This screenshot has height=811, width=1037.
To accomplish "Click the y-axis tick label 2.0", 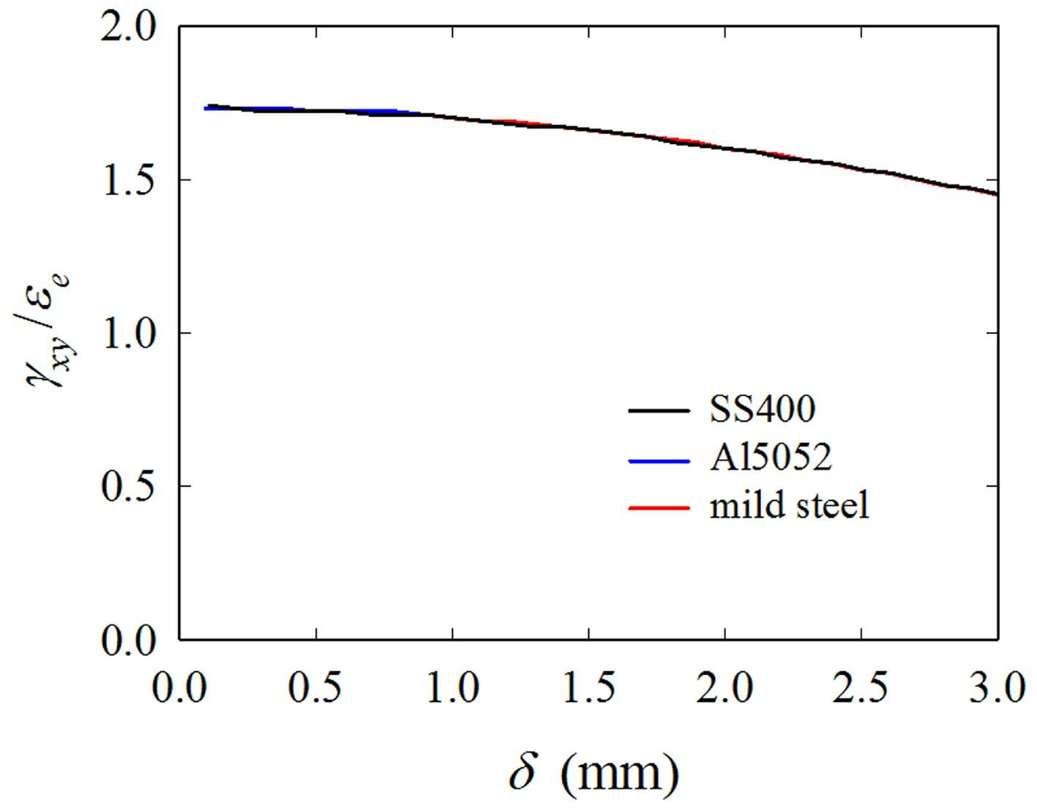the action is [128, 28].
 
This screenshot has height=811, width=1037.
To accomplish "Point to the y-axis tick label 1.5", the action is [128, 180].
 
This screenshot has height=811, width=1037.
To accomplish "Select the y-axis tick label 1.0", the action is [128, 333].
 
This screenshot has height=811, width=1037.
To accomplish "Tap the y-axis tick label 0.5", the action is [128, 486].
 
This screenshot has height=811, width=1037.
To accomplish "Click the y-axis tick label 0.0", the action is [128, 639].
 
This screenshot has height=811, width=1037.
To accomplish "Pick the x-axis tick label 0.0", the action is [179, 687].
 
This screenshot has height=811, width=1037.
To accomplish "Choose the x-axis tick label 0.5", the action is [316, 687].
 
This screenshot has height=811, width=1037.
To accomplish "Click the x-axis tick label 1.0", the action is [452, 687].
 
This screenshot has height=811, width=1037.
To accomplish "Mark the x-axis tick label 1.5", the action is [589, 687].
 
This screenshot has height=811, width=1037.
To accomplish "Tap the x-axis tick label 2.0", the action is [725, 687].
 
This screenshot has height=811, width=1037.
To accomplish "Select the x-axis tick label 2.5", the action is [861, 687].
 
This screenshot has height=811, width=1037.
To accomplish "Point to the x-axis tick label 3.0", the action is [997, 687].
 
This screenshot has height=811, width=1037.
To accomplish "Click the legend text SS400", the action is [763, 410].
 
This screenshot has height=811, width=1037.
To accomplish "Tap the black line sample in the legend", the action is [659, 411].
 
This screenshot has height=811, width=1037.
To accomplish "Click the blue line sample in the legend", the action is [659, 461].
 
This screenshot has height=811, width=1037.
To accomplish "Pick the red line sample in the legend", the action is [659, 507].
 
